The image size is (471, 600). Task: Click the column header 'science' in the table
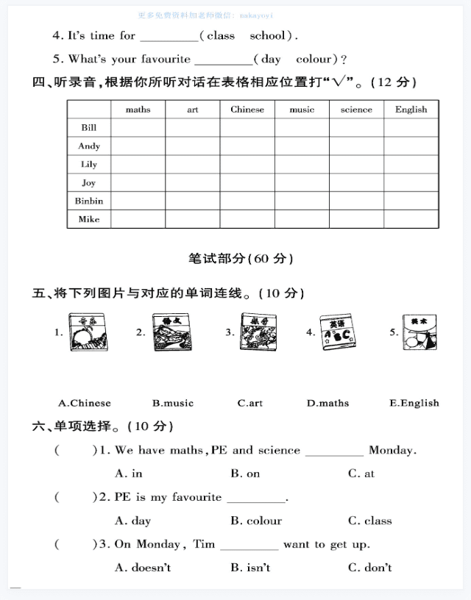click(x=356, y=110)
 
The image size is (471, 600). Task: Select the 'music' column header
click(x=302, y=110)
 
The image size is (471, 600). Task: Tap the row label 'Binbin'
click(x=89, y=201)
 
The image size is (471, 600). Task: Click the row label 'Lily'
click(x=89, y=164)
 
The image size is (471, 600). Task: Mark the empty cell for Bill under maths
click(x=138, y=128)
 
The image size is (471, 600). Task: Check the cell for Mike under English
click(x=411, y=219)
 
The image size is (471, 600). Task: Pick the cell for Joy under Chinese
click(x=247, y=182)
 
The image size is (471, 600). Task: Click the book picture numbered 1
click(x=88, y=333)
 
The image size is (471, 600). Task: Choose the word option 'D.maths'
click(x=328, y=403)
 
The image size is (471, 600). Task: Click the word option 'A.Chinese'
click(x=85, y=403)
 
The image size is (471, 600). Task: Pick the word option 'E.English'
click(x=414, y=403)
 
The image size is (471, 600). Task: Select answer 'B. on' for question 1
click(x=245, y=474)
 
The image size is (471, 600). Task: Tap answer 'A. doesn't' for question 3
click(x=143, y=568)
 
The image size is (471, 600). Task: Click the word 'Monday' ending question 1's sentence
click(x=392, y=450)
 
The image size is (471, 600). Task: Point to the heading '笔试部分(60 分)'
click(x=241, y=258)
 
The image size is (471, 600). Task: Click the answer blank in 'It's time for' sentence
click(x=169, y=37)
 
